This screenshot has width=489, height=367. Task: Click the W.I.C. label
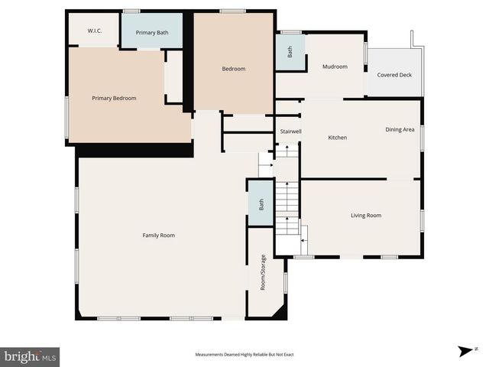click(x=95, y=31)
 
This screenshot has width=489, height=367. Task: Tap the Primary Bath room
click(x=151, y=32)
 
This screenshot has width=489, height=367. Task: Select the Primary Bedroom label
click(x=114, y=98)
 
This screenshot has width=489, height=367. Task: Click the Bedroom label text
click(x=234, y=69)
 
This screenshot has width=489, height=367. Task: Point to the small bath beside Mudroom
click(x=290, y=53)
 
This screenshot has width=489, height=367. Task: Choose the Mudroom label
click(x=335, y=67)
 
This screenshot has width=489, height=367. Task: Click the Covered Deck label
click(x=394, y=75)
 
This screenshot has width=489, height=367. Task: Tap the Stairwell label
click(x=290, y=132)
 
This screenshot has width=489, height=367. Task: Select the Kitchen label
click(x=338, y=138)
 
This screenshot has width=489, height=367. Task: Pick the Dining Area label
click(x=400, y=129)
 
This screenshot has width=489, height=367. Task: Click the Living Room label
click(x=366, y=216)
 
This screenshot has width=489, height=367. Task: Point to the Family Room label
click(x=159, y=235)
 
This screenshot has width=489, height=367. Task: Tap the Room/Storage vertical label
click(x=263, y=272)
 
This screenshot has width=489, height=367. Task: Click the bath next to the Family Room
click(x=261, y=204)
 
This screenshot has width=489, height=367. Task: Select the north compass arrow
click(x=464, y=351)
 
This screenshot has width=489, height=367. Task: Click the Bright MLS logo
click(x=30, y=356)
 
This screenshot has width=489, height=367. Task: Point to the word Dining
click(x=393, y=129)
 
